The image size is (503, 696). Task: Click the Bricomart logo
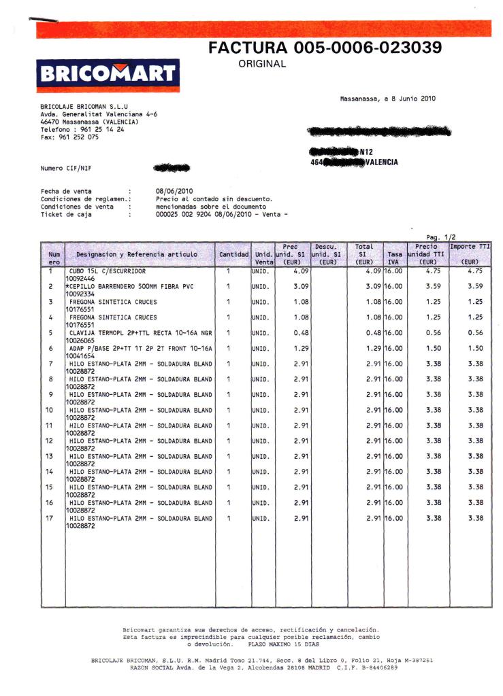[108, 74]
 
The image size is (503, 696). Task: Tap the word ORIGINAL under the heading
[262, 65]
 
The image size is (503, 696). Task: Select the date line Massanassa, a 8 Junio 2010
[387, 99]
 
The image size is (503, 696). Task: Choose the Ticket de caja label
[67, 214]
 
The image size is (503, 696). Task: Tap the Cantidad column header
[233, 254]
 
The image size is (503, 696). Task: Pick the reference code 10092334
[80, 294]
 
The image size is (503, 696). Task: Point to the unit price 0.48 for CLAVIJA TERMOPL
[302, 333]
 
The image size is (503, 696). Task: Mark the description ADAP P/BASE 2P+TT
[140, 348]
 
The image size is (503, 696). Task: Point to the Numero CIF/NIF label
[66, 167]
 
